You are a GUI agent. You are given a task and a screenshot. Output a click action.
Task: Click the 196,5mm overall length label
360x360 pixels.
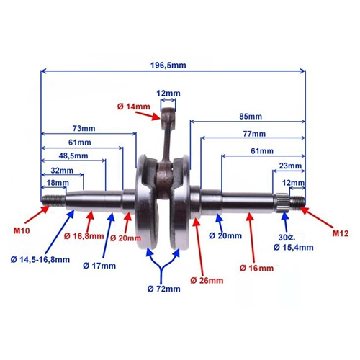pyautogui.click(x=168, y=66)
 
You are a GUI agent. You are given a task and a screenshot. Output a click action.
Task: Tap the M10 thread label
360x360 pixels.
pyautogui.click(x=22, y=230)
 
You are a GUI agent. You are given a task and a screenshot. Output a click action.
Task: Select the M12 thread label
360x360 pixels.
pyautogui.click(x=341, y=233)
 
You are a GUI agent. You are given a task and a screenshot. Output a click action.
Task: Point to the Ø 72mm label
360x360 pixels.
pyautogui.click(x=163, y=289)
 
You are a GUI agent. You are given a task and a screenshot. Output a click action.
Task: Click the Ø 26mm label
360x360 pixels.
pyautogui.click(x=207, y=280)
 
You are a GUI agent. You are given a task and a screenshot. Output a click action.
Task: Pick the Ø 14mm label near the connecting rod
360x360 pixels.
pyautogui.click(x=134, y=107)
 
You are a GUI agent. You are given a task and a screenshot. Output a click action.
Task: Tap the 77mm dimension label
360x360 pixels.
pyautogui.click(x=254, y=134)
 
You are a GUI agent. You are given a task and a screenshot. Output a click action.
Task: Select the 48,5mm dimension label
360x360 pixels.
pyautogui.click(x=73, y=156)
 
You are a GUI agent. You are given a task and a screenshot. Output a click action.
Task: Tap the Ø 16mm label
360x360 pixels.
pyautogui.click(x=256, y=268)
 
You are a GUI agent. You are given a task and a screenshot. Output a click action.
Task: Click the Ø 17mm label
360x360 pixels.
pyautogui.click(x=99, y=266)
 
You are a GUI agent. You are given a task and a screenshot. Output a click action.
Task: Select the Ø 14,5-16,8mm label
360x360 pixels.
pyautogui.click(x=40, y=259)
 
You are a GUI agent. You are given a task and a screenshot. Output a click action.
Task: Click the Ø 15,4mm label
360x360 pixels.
pyautogui.click(x=293, y=247)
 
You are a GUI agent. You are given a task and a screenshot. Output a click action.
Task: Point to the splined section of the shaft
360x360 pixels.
pyautogui.click(x=282, y=202)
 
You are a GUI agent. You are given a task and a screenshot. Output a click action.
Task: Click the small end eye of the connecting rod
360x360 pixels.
pyautogui.click(x=168, y=113)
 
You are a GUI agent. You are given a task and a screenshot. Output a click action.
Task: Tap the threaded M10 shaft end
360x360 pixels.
pyautogui.click(x=53, y=201)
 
